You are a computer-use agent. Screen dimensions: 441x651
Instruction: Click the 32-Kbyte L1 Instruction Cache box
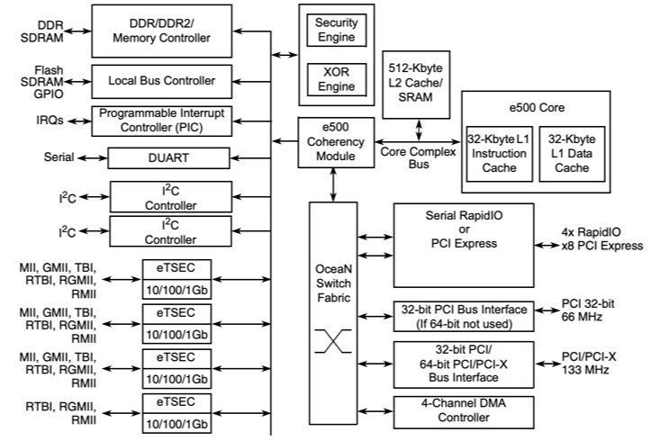point(500,152)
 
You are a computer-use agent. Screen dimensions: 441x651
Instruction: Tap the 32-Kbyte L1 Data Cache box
point(572,152)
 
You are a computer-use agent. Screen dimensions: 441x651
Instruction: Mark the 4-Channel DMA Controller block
point(462,411)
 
